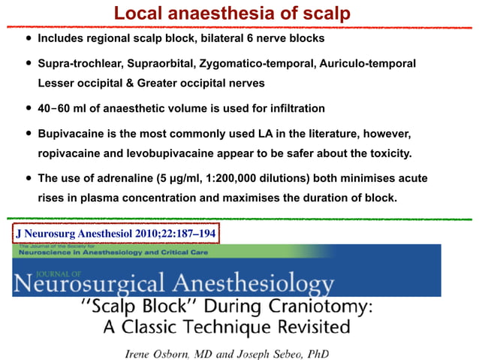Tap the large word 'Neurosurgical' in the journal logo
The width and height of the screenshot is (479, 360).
89,285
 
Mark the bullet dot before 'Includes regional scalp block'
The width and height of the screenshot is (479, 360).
29,38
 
